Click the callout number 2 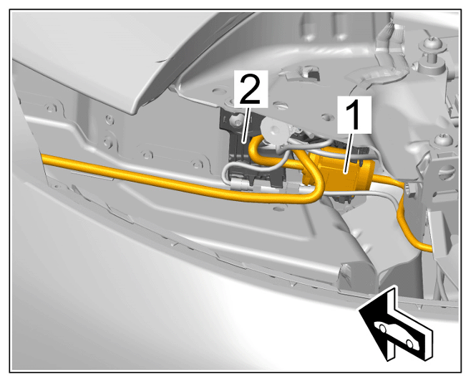click(x=251, y=89)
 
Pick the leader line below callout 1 click(x=351, y=152)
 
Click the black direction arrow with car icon click(x=396, y=324)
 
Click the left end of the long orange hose click(x=44, y=158)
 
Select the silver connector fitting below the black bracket click(x=241, y=185)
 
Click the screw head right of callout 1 click(x=443, y=139)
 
